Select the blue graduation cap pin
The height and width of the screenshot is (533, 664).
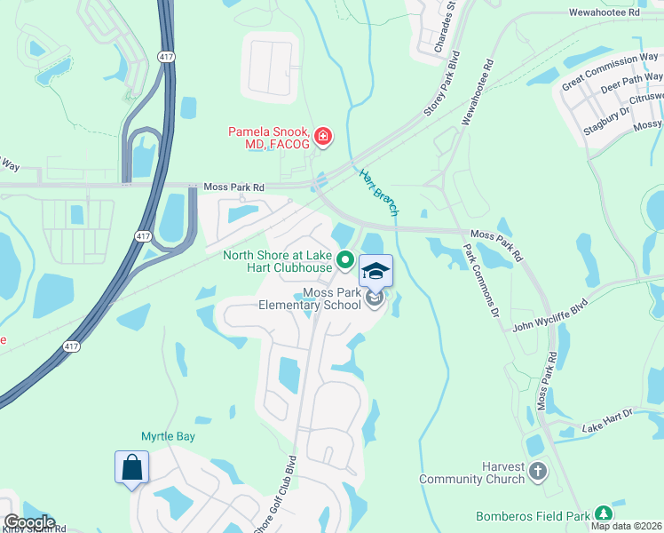pos(375,271)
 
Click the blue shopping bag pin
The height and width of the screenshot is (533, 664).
pos(131,467)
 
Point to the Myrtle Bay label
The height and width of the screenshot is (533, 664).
pos(168,436)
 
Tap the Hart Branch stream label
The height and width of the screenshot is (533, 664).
pos(379,192)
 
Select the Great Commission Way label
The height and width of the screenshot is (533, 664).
pos(610,72)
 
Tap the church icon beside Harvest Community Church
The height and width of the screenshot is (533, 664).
pos(537,472)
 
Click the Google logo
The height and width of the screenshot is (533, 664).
pos(28,522)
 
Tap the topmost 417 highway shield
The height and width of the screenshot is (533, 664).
pos(165,57)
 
